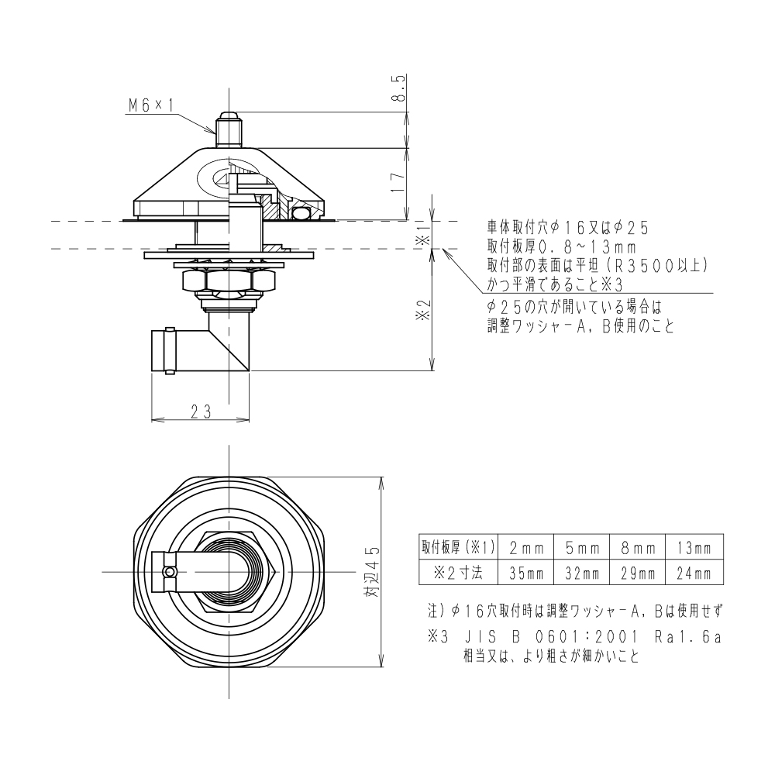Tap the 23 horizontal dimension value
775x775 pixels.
point(200,412)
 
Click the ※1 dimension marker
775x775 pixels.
point(422,236)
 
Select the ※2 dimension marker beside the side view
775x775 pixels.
point(422,310)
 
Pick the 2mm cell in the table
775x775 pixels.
point(525,548)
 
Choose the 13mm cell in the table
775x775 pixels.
point(694,548)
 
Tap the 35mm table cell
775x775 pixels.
point(525,574)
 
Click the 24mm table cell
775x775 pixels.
point(694,574)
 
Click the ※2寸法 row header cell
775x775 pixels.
point(458,574)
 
